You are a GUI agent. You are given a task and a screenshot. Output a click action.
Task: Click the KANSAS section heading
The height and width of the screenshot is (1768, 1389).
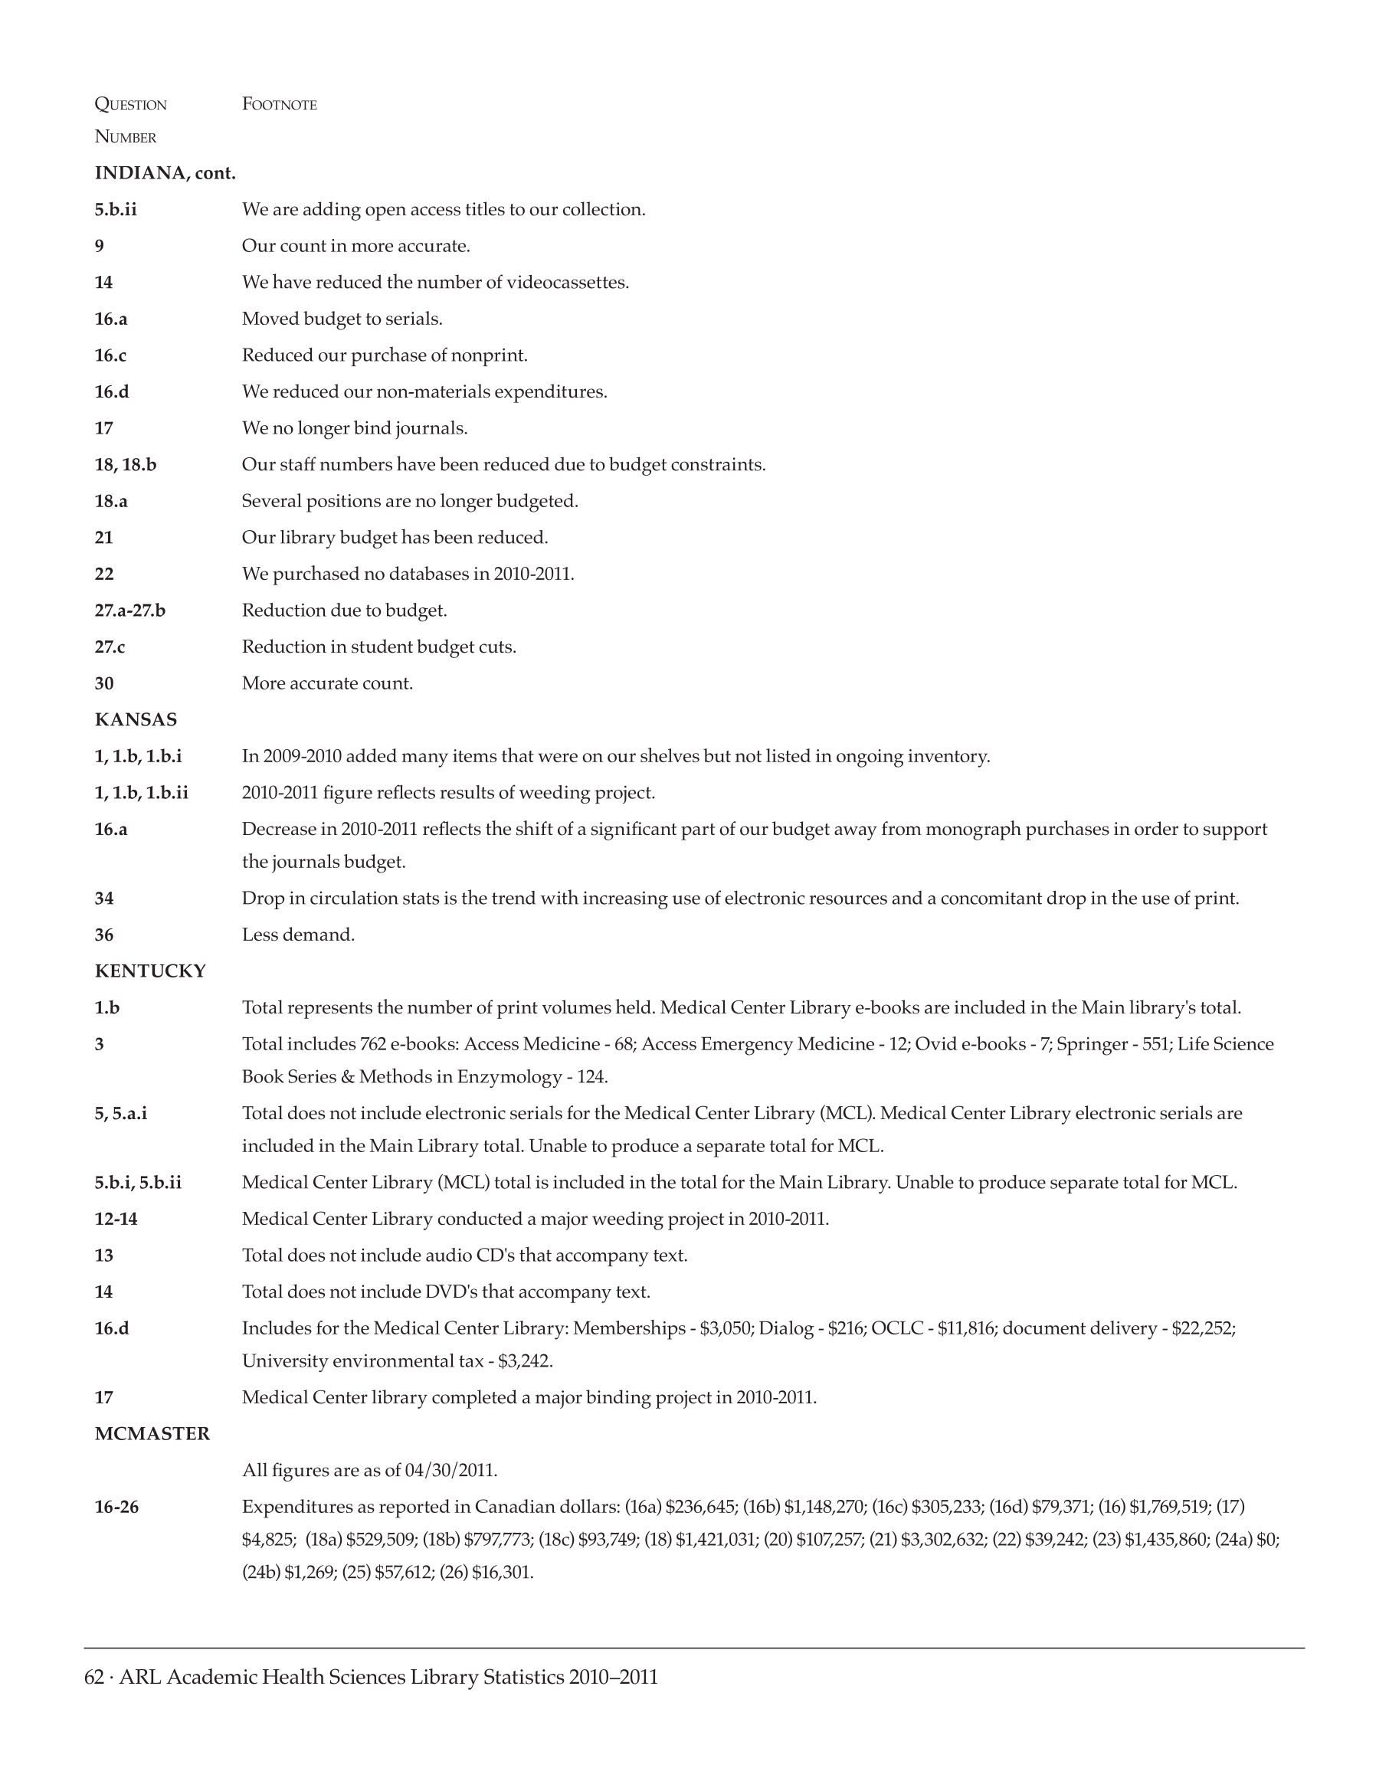[x=136, y=720]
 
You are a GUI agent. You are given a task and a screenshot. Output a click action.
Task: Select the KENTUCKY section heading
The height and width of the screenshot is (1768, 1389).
[x=150, y=971]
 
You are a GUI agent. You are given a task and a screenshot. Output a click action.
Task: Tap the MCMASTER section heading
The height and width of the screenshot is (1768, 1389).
[x=152, y=1434]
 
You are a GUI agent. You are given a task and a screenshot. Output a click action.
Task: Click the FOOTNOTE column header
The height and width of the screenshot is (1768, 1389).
[x=279, y=104]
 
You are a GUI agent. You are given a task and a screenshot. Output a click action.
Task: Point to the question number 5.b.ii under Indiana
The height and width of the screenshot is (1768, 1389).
[x=116, y=210]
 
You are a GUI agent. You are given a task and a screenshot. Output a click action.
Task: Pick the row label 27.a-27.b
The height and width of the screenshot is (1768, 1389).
[x=130, y=611]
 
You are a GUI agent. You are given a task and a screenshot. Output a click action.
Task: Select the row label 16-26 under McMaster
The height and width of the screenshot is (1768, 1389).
[x=116, y=1507]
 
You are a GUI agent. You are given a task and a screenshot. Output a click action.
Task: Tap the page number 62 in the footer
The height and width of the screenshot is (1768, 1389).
[x=94, y=1678]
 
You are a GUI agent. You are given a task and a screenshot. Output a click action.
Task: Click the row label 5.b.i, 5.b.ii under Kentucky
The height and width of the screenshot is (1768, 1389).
[x=138, y=1183]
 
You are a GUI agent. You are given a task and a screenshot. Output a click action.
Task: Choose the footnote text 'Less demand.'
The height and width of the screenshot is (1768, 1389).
[x=299, y=935]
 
